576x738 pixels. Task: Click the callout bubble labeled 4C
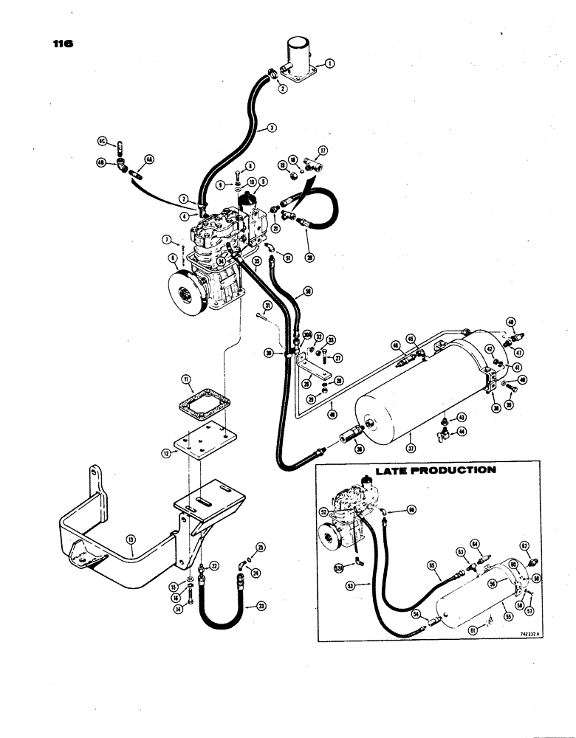(103, 139)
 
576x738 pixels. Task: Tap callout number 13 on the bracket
(131, 549)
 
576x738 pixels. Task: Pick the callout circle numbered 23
(259, 606)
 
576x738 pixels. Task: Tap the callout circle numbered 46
(510, 321)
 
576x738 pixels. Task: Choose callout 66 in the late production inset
(412, 508)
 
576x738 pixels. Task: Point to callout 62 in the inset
(525, 545)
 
